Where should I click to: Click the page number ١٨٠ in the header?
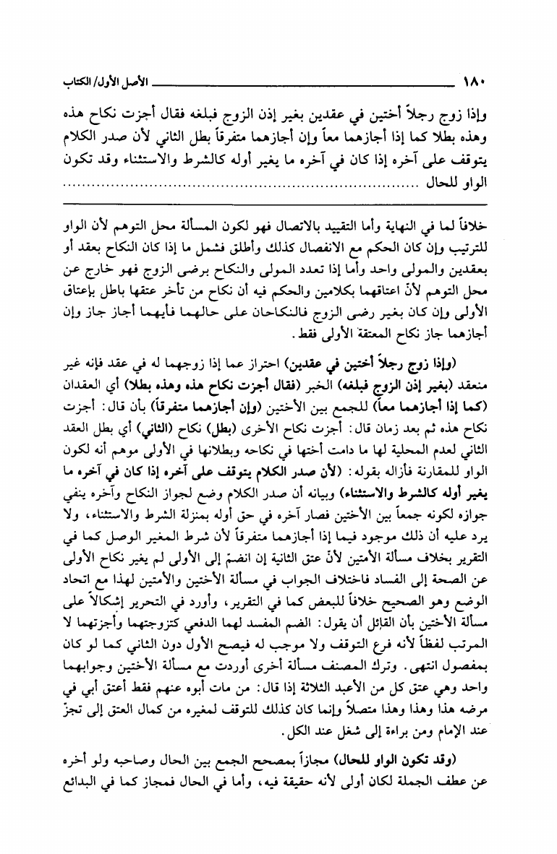point(474,77)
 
